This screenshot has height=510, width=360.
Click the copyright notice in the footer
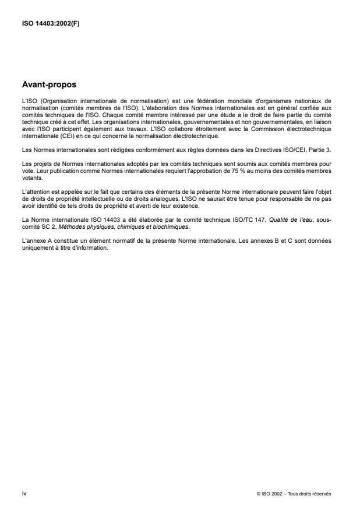pyautogui.click(x=294, y=494)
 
